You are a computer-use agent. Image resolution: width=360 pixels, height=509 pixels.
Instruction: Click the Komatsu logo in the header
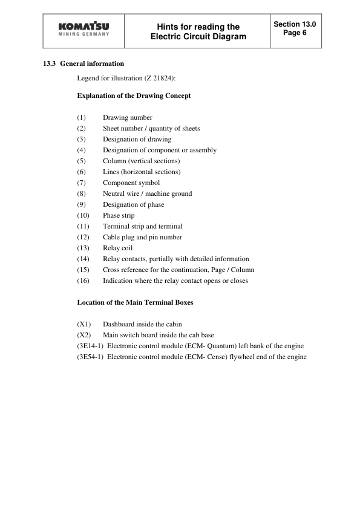[x=83, y=30]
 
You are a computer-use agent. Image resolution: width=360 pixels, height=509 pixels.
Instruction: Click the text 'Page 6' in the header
[x=295, y=33]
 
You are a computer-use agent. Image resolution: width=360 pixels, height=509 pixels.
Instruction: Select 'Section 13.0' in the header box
[x=295, y=24]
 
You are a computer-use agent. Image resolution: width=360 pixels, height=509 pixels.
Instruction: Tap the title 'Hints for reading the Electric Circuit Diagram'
[x=198, y=31]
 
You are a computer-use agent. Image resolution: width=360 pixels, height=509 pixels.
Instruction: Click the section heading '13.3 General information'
[x=83, y=63]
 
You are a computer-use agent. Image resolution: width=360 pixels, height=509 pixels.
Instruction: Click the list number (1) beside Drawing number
[x=82, y=117]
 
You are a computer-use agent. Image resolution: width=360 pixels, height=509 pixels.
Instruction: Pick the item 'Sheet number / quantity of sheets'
[x=151, y=128]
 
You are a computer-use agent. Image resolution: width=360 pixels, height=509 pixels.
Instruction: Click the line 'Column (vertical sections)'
[x=141, y=161]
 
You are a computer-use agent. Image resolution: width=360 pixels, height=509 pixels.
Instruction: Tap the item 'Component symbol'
[x=131, y=183]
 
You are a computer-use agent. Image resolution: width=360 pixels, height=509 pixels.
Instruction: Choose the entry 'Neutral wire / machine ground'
[x=147, y=193]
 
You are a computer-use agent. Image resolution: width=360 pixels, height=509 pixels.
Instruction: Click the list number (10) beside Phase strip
[x=83, y=215]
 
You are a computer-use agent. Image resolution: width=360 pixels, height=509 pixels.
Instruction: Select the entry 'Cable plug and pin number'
[x=142, y=237]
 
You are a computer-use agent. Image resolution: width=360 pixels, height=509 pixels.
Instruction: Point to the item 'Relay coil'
[x=117, y=248]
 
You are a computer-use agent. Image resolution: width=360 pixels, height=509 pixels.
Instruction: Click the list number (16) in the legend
[x=83, y=280]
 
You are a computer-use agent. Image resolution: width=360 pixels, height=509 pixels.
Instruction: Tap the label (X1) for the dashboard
[x=84, y=324]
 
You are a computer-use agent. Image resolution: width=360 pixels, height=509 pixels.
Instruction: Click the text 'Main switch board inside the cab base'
[x=158, y=335]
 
